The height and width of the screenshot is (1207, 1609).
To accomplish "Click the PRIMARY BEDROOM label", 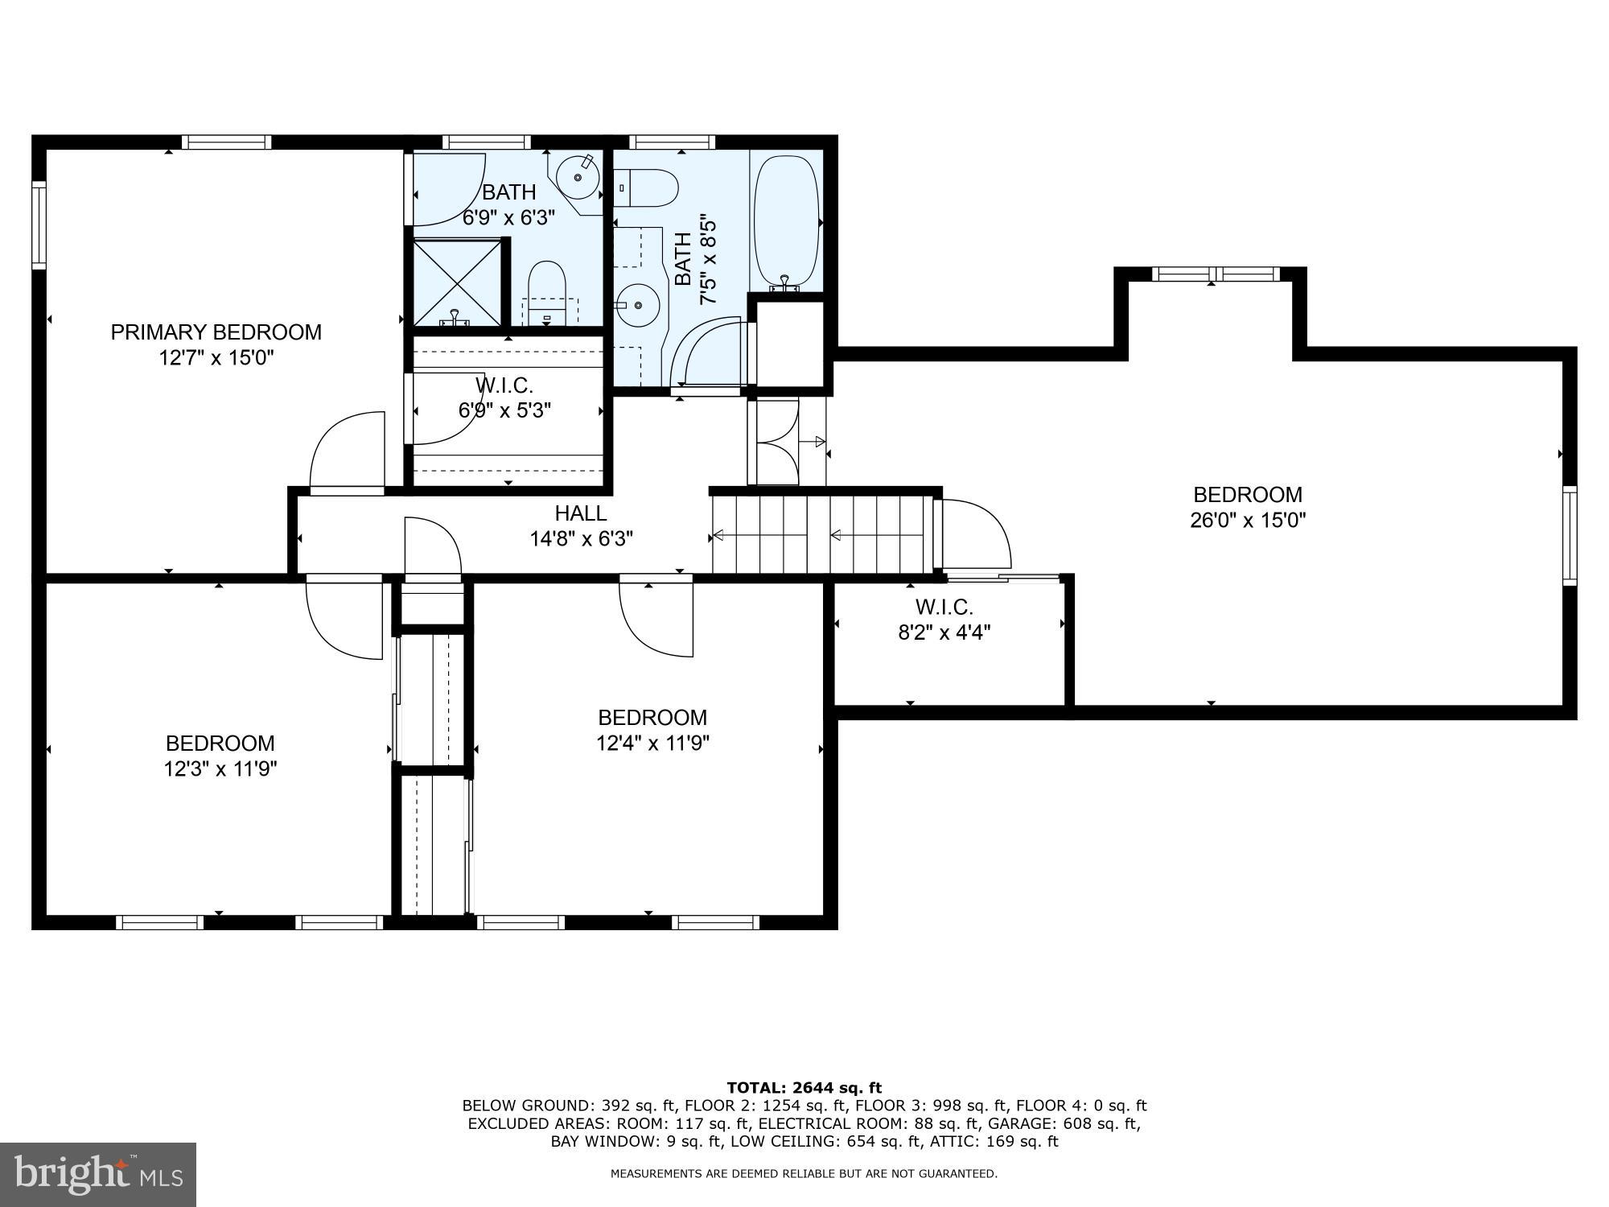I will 216,332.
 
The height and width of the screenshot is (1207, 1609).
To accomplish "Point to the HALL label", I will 580,513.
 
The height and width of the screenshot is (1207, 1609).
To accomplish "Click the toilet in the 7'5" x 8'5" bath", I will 648,187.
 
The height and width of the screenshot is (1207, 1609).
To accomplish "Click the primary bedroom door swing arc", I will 346,451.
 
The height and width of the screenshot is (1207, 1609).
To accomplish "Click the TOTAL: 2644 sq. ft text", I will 804,1088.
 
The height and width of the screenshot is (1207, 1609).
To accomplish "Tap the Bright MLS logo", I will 97,1174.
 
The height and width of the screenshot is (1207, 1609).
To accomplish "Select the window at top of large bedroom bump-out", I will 1215,274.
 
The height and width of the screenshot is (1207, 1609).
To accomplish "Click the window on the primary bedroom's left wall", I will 39,225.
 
